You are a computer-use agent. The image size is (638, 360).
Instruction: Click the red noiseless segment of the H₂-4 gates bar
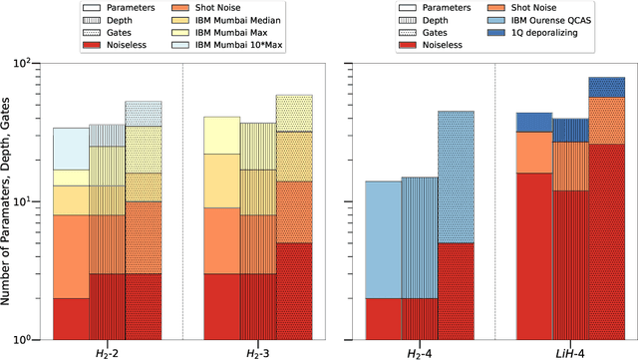(x=456, y=289)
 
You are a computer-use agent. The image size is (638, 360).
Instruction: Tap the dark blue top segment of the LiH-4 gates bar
(x=606, y=87)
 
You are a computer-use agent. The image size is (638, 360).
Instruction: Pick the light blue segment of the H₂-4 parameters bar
(x=381, y=239)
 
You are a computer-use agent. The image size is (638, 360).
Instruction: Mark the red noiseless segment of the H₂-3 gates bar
(x=294, y=289)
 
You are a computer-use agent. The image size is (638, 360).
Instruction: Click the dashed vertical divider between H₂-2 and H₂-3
(x=182, y=199)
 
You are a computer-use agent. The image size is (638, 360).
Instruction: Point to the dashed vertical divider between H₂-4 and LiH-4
(x=494, y=199)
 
